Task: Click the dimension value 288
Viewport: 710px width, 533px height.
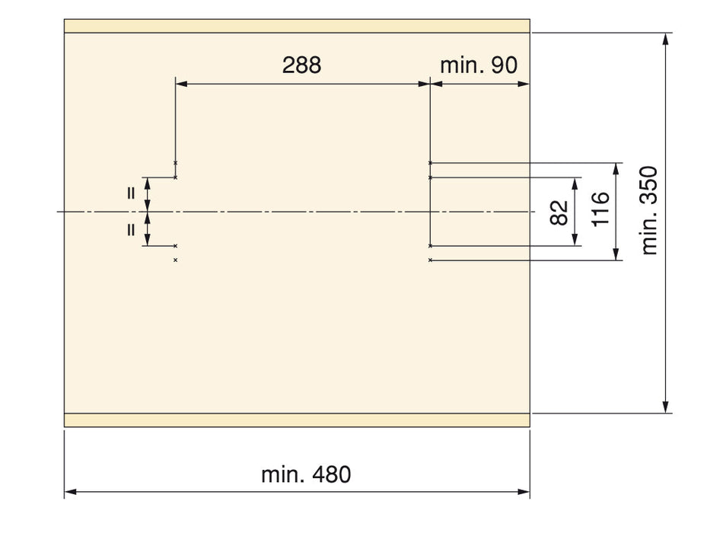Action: tap(301, 65)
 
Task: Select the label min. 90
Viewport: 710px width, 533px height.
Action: tap(479, 65)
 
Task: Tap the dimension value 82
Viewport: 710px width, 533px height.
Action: tap(560, 212)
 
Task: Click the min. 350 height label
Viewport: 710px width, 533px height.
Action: tap(649, 211)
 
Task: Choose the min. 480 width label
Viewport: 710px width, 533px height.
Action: tap(306, 475)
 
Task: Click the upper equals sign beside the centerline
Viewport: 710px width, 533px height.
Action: tap(131, 193)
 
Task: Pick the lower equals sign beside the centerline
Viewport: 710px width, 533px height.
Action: tap(131, 229)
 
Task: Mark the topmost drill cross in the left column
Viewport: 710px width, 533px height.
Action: tap(176, 163)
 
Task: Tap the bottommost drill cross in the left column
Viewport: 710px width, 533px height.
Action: tap(176, 260)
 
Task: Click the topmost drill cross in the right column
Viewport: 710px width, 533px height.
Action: tap(431, 163)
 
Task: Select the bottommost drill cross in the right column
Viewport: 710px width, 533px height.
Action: tap(431, 260)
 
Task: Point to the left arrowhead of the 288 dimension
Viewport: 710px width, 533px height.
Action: tap(180, 85)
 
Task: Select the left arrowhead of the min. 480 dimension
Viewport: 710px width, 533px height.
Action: tap(69, 493)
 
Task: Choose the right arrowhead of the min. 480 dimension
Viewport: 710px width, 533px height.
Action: tap(525, 493)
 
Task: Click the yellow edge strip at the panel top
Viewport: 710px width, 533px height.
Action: tap(297, 26)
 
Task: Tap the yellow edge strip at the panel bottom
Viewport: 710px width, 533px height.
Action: tap(297, 420)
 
